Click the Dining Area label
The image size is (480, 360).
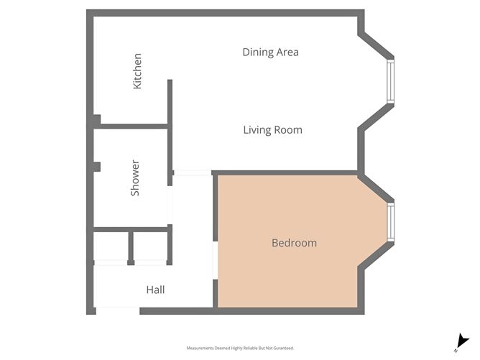(x=270, y=52)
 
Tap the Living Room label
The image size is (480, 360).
(x=272, y=130)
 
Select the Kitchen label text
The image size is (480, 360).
(x=137, y=71)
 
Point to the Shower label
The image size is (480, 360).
(x=134, y=178)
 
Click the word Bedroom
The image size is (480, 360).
(x=294, y=243)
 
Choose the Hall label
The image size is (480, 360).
(x=155, y=290)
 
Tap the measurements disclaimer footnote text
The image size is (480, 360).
(x=240, y=348)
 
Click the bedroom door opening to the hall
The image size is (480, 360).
(x=215, y=259)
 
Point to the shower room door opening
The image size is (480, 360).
(x=170, y=205)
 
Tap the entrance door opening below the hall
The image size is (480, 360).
(x=117, y=310)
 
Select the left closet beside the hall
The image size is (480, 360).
(x=111, y=248)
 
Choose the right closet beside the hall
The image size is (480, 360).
(x=150, y=248)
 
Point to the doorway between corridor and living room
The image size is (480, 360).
(x=192, y=172)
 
